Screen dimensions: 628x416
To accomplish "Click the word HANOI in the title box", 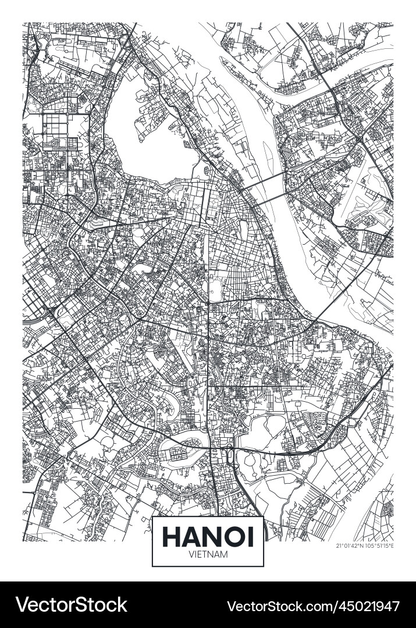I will coord(208,536).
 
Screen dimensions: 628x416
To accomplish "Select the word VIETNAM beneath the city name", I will coord(208,555).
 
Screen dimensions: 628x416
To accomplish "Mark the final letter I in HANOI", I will coord(251,536).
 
